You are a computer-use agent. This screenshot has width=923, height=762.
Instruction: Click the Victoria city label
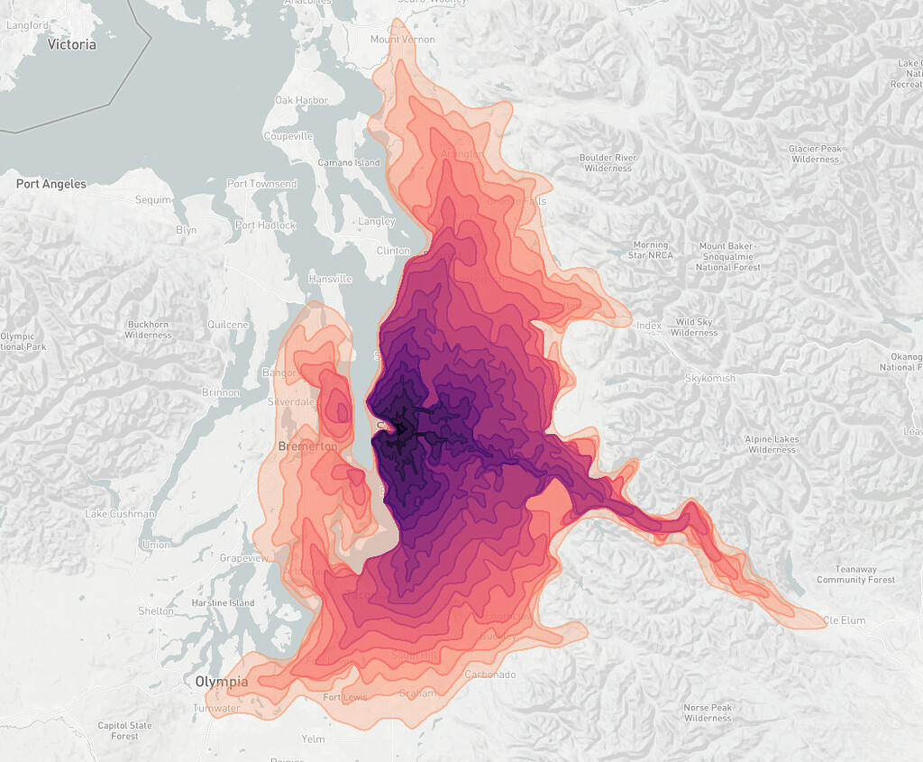[71, 44]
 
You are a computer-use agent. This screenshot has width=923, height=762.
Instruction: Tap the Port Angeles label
[51, 184]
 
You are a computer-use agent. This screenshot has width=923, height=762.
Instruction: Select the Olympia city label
[222, 682]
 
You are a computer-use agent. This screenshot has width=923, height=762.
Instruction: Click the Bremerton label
[307, 446]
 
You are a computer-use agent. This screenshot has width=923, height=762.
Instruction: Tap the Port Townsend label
[261, 184]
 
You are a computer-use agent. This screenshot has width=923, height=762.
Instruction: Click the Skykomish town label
[710, 378]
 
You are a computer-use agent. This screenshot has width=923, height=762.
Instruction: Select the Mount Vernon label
[402, 40]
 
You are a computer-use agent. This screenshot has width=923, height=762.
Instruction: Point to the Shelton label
[157, 611]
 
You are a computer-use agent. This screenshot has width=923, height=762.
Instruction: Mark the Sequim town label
[151, 200]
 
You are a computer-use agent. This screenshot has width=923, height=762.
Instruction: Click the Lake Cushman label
[120, 514]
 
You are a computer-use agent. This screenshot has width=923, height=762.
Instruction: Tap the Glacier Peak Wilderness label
[815, 154]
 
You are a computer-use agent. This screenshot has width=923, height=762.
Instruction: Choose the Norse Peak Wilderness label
[708, 712]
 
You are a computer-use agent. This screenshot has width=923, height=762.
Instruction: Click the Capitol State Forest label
[125, 730]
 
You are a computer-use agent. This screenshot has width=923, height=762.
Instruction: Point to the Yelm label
[313, 739]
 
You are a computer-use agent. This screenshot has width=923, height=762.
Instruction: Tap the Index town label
[648, 325]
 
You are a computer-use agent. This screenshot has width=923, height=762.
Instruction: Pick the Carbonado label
[490, 675]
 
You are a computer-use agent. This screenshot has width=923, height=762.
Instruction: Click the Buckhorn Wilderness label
[148, 329]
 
